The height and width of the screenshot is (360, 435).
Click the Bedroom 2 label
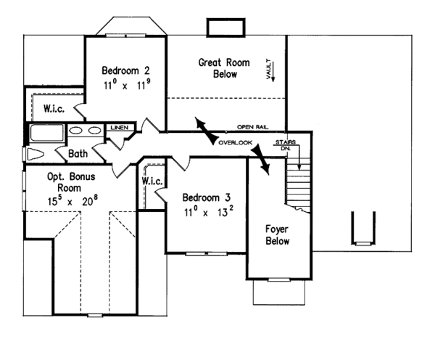(125, 70)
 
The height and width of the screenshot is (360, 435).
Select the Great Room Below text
(223, 68)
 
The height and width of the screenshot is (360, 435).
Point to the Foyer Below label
(277, 234)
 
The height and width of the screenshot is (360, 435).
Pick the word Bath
(78, 154)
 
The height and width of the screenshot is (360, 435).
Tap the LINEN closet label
(120, 128)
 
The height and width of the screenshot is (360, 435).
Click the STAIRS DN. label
(284, 145)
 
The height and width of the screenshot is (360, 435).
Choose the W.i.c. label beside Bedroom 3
(152, 180)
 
